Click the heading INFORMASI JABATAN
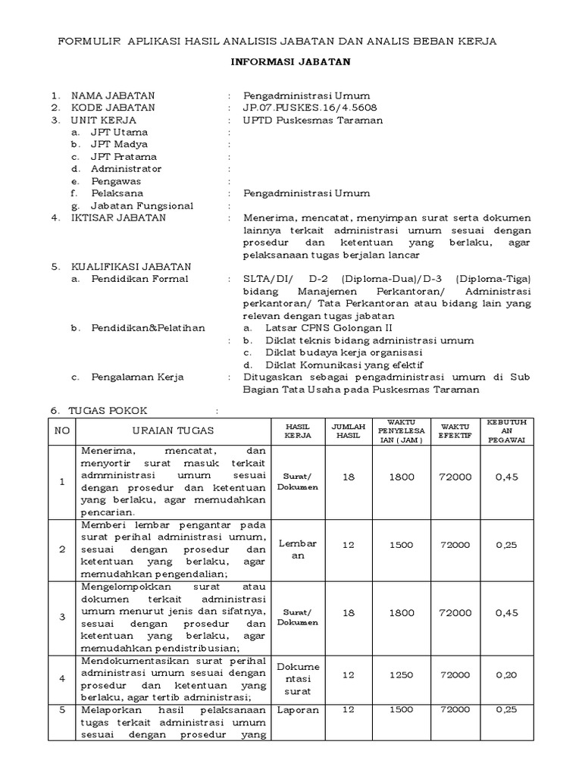click(x=291, y=63)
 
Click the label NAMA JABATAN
click(x=113, y=95)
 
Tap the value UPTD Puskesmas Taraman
click(x=313, y=120)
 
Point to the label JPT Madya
click(x=119, y=144)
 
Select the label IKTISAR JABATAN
click(x=119, y=217)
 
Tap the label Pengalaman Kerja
click(x=137, y=377)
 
